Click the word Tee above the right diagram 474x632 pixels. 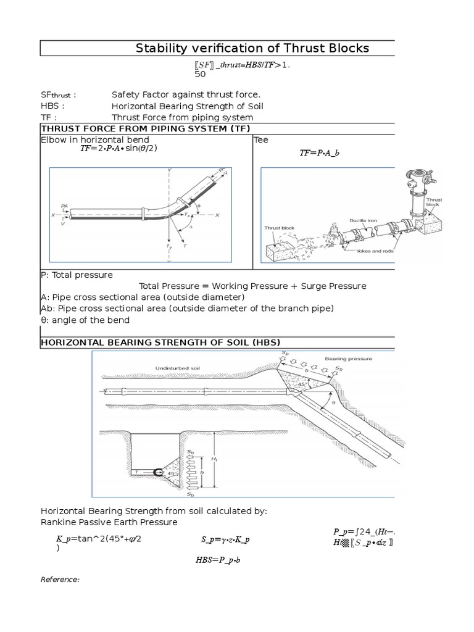point(261,140)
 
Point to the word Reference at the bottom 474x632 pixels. point(60,580)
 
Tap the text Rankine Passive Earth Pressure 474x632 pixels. point(109,522)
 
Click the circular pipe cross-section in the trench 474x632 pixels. point(159,472)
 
